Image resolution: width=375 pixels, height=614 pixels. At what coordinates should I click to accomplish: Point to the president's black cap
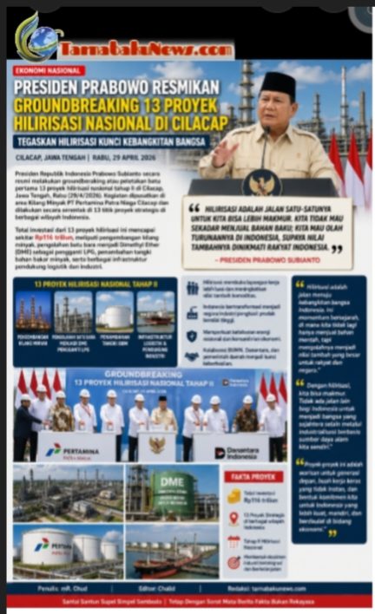click(278, 85)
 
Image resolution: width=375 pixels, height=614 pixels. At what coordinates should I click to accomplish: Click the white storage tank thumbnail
click(117, 314)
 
